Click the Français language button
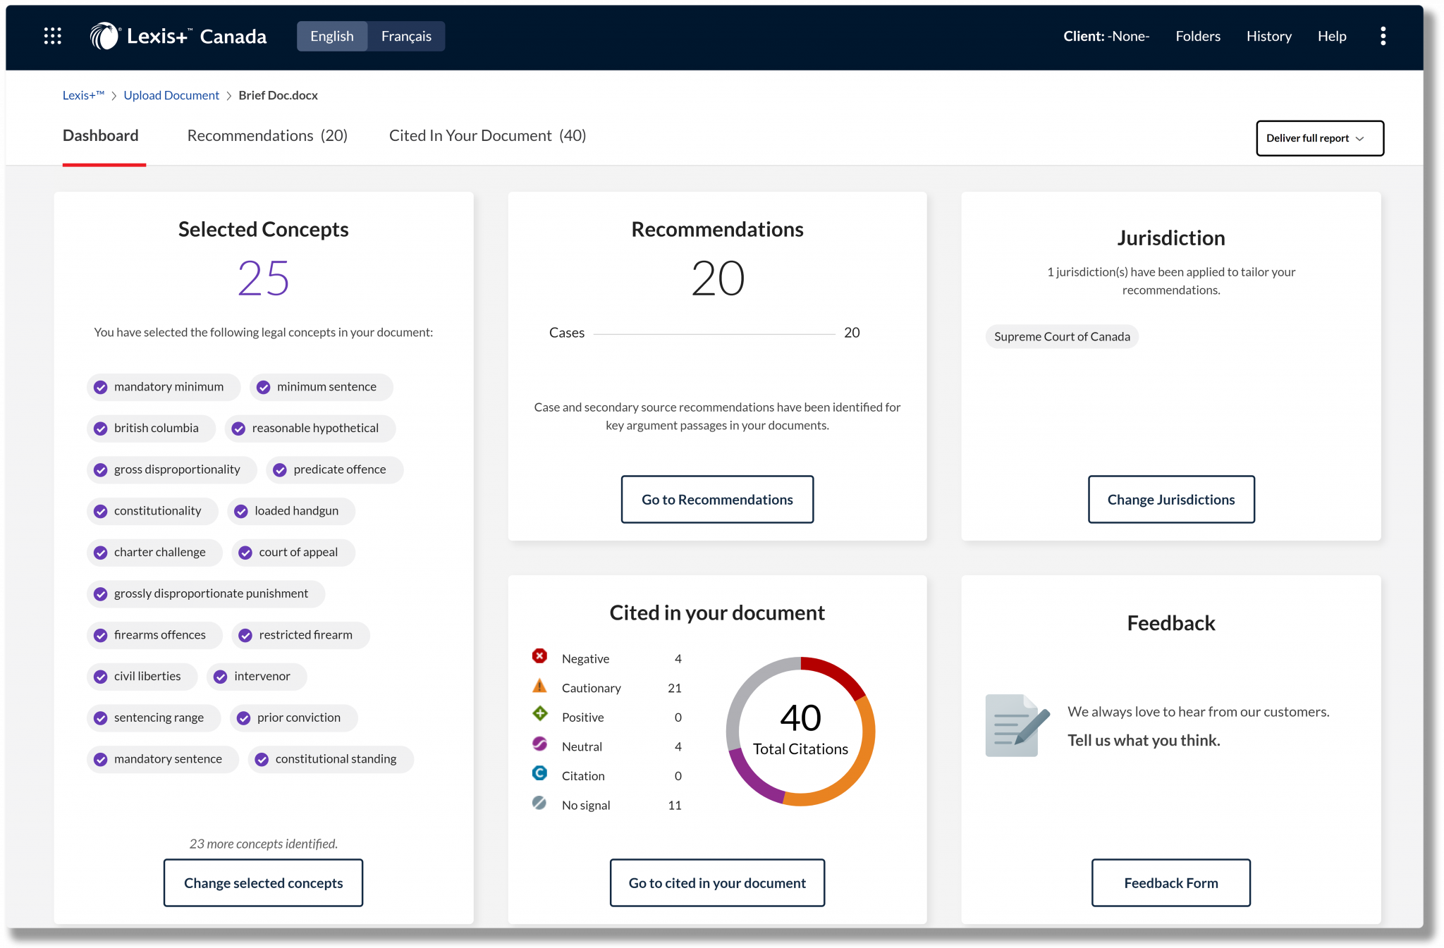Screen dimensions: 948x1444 pyautogui.click(x=406, y=36)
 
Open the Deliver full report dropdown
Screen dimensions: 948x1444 pyautogui.click(x=1319, y=138)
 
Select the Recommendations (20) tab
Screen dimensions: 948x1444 pyautogui.click(x=267, y=135)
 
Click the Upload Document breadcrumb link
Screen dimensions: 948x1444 pyautogui.click(x=171, y=95)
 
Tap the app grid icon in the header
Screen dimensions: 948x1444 pyautogui.click(x=53, y=36)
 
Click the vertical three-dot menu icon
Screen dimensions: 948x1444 pyautogui.click(x=1383, y=36)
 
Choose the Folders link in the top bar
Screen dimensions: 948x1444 pyautogui.click(x=1197, y=36)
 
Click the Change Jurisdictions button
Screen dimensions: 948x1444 pyautogui.click(x=1170, y=499)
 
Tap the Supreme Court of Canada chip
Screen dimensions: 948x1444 pyautogui.click(x=1061, y=337)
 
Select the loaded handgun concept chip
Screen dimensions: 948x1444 pyautogui.click(x=290, y=511)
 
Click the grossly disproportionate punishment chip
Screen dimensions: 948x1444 pyautogui.click(x=205, y=593)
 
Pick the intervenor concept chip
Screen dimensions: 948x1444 pyautogui.click(x=256, y=677)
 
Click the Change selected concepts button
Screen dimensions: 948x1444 pyautogui.click(x=263, y=882)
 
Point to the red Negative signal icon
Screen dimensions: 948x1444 pyautogui.click(x=539, y=657)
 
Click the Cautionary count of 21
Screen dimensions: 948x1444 pyautogui.click(x=674, y=688)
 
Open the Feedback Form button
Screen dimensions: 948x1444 pyautogui.click(x=1170, y=882)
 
